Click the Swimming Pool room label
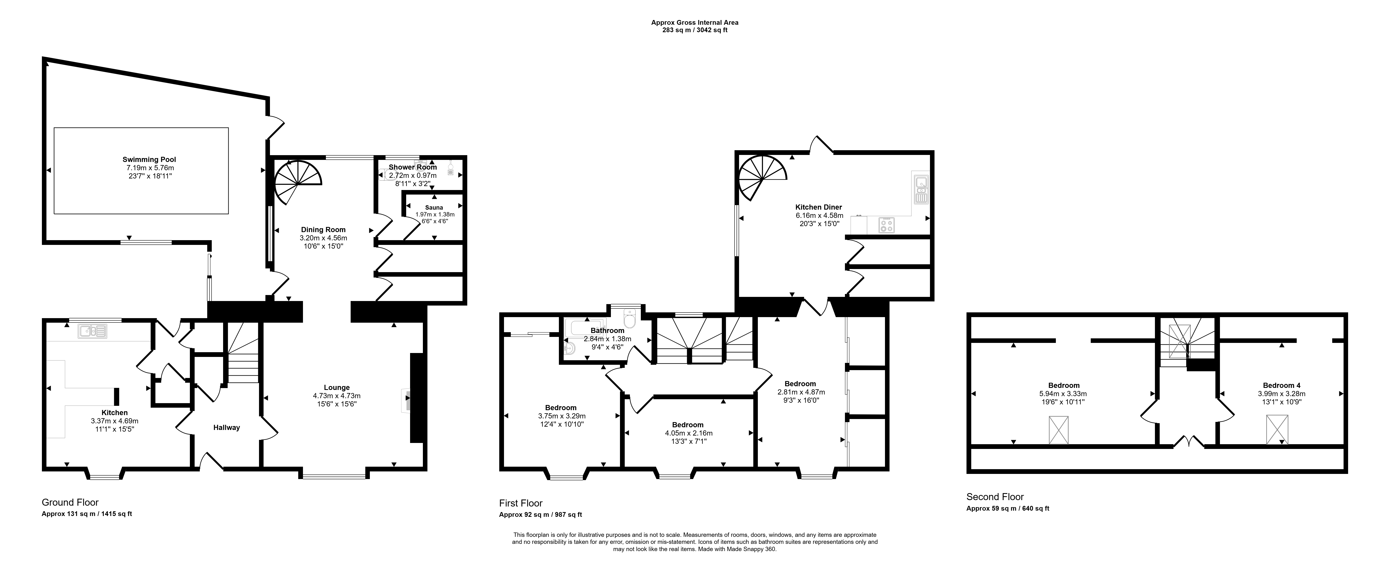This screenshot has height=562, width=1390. pos(149,160)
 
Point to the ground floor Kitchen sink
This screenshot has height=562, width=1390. pos(93,331)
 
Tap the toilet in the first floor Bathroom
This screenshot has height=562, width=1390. pos(629,318)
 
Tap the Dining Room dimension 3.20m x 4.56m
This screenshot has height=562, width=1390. pos(323,238)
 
